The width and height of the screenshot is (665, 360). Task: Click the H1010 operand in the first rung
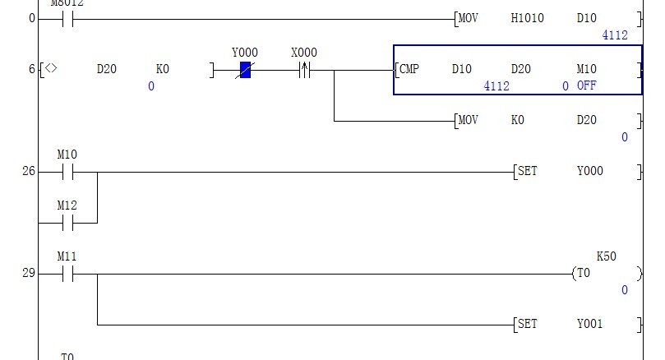click(527, 18)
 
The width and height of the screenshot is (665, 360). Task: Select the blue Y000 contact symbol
click(245, 71)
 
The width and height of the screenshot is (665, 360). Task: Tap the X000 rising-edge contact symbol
click(304, 71)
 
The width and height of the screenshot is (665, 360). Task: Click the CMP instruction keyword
click(409, 69)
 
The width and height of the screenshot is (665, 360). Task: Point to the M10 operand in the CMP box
click(586, 69)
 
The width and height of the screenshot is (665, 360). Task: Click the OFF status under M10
click(586, 85)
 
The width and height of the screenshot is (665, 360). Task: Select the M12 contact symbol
click(67, 223)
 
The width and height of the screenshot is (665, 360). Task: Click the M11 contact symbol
click(67, 274)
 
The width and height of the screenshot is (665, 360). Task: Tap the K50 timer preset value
click(606, 256)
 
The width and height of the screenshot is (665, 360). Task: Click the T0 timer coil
click(584, 274)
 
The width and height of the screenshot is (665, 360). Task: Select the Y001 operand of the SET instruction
click(589, 325)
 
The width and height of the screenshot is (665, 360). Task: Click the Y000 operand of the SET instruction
click(589, 172)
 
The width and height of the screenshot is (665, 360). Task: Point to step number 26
click(29, 172)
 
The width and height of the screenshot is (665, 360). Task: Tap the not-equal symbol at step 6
click(51, 69)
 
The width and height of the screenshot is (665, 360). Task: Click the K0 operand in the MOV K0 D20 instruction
click(517, 120)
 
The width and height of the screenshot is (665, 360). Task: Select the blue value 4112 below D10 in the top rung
click(614, 35)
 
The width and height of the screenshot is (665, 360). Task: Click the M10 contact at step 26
click(67, 172)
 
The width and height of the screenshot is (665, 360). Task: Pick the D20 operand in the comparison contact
click(107, 69)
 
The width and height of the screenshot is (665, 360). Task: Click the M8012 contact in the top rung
click(67, 18)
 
